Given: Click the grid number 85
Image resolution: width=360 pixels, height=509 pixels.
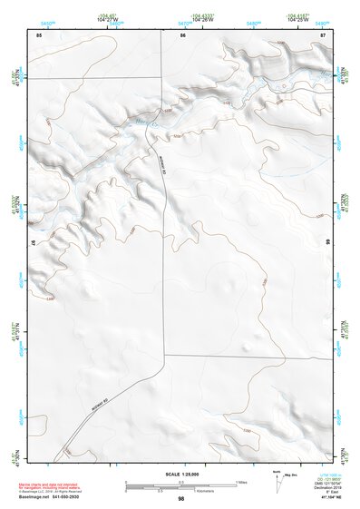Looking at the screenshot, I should [x=39, y=34].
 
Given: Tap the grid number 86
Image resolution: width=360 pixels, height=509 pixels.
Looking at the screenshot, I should [x=182, y=34].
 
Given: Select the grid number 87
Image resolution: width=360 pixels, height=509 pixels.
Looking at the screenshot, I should [x=324, y=34].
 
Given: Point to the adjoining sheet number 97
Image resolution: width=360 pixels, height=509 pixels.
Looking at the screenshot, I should [x=34, y=243].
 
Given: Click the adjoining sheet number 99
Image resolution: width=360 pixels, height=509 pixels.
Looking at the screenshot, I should [x=328, y=243].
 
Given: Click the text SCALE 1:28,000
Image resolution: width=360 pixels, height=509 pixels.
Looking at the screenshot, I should [x=181, y=475].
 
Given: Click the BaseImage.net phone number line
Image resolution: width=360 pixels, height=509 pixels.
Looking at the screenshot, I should [x=49, y=498].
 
